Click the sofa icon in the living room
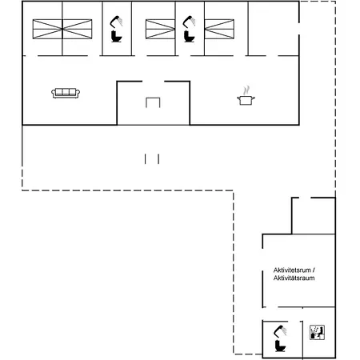click(x=66, y=93)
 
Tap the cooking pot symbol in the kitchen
click(x=246, y=100)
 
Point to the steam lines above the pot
click(x=247, y=90)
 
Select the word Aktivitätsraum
click(x=294, y=278)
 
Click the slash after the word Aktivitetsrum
click(x=314, y=270)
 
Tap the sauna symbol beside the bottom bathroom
click(x=317, y=332)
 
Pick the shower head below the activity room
click(x=280, y=331)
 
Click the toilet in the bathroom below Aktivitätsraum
click(x=280, y=346)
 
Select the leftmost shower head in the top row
click(x=116, y=22)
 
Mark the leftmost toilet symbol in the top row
click(x=116, y=37)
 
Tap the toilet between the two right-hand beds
click(x=189, y=37)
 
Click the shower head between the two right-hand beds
click(x=189, y=22)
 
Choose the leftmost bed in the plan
click(x=47, y=29)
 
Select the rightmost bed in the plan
click(x=219, y=29)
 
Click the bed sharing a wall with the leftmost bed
click(x=78, y=29)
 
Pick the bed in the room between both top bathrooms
click(x=160, y=29)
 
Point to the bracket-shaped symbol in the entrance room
click(x=153, y=98)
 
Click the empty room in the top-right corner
click(x=274, y=29)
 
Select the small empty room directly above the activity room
click(x=314, y=216)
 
